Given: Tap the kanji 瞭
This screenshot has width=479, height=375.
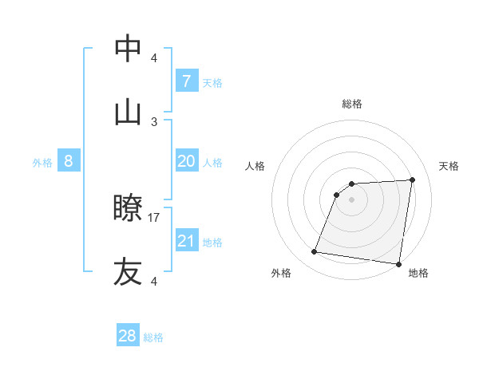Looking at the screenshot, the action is (x=128, y=209).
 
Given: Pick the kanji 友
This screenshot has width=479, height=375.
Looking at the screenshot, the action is (x=128, y=271).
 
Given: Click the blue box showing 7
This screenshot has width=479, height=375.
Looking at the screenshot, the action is (x=186, y=81).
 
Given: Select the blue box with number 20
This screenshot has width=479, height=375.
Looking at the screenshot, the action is (x=186, y=161).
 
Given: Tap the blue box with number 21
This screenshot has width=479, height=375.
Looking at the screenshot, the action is (x=186, y=241).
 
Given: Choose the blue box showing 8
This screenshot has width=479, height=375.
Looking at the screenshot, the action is (x=69, y=161).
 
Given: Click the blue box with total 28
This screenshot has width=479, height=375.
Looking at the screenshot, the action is (x=128, y=336).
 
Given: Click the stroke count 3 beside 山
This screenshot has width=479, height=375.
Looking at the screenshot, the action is (x=154, y=121).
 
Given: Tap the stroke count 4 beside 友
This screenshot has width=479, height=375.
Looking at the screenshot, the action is (x=154, y=281).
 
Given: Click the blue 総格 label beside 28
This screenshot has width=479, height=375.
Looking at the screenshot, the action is (x=153, y=337).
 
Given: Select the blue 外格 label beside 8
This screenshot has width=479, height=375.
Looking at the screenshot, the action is (x=42, y=163).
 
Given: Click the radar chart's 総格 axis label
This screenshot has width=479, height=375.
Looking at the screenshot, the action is (x=352, y=104).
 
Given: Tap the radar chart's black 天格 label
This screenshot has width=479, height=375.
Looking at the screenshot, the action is (x=449, y=166).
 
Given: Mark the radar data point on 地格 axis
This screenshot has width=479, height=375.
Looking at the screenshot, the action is (x=399, y=264).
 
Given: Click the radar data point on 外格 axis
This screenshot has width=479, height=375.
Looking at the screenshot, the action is (x=315, y=252).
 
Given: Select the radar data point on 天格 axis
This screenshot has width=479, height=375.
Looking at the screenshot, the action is (x=413, y=180).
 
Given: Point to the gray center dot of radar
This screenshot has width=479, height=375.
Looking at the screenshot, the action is (x=352, y=199).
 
